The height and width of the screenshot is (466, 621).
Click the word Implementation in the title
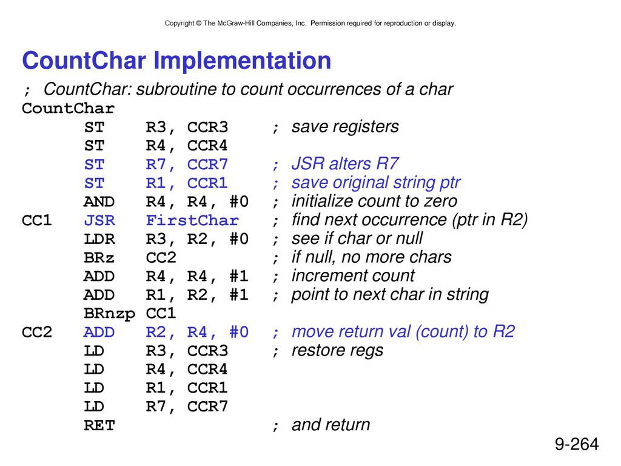(x=242, y=61)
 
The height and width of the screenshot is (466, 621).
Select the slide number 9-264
(x=577, y=444)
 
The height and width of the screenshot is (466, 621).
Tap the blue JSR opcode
(x=99, y=220)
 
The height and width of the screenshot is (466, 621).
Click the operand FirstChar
(x=192, y=220)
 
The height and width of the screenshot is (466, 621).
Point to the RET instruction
(x=99, y=425)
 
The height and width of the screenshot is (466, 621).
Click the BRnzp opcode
(x=110, y=314)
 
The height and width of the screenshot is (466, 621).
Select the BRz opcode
(x=99, y=257)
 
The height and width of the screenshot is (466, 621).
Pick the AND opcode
(x=99, y=201)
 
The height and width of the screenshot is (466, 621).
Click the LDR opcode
(x=99, y=239)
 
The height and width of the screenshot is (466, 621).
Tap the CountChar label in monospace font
(x=68, y=108)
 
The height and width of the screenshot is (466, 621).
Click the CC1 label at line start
(x=37, y=220)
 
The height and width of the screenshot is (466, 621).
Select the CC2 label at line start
(x=37, y=332)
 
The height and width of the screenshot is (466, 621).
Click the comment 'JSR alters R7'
(x=345, y=163)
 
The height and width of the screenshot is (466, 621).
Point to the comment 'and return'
(x=331, y=425)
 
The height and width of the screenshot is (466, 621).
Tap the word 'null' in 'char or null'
(x=408, y=238)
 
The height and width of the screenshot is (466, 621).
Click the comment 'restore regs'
(x=337, y=351)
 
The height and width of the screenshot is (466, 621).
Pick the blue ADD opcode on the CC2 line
(x=99, y=332)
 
